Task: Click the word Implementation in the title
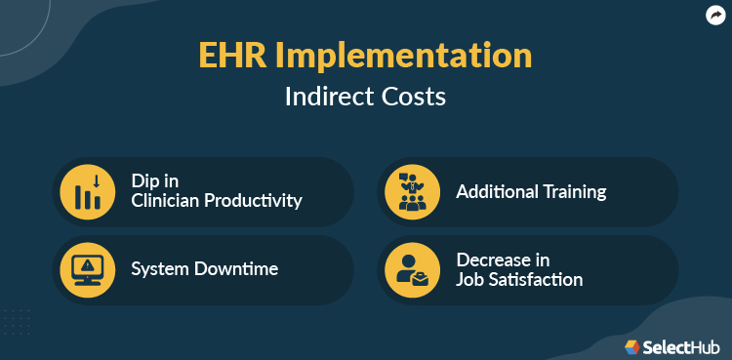coord(402,56)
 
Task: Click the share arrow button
coord(715,15)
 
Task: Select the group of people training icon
coord(412,191)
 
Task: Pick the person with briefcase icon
coord(412,269)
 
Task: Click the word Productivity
coord(254,201)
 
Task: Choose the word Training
coord(574,192)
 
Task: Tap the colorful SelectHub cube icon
coord(632,346)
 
